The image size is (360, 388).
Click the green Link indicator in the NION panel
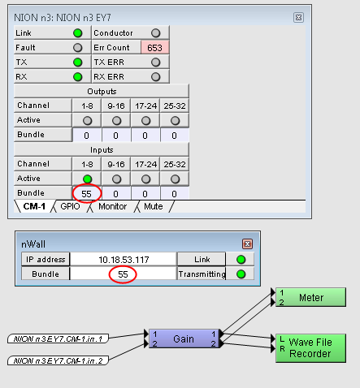coord(77,33)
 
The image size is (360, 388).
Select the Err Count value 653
coord(155,48)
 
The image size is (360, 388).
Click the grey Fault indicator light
coord(77,48)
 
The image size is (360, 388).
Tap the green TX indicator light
coord(77,63)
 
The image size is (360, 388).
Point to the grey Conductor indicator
coord(155,33)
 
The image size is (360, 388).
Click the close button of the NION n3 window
coord(298,18)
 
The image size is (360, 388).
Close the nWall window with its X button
coord(247,244)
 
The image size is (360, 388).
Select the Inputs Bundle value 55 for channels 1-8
coord(87,194)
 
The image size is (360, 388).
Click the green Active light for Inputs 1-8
coord(87,179)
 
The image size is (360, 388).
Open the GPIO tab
coord(70,206)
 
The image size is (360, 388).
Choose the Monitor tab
coord(112,206)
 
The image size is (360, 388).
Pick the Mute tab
coord(154,206)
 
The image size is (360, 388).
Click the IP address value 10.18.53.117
coord(124,260)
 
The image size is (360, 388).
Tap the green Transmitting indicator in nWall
coord(241,274)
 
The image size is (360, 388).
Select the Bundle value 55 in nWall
coord(123,274)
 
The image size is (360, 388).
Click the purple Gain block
coord(184,338)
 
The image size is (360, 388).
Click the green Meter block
coord(310,297)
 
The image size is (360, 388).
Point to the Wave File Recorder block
coord(310,348)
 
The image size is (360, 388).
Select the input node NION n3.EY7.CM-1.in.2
coord(58,360)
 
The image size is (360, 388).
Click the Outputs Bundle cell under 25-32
coord(175,136)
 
